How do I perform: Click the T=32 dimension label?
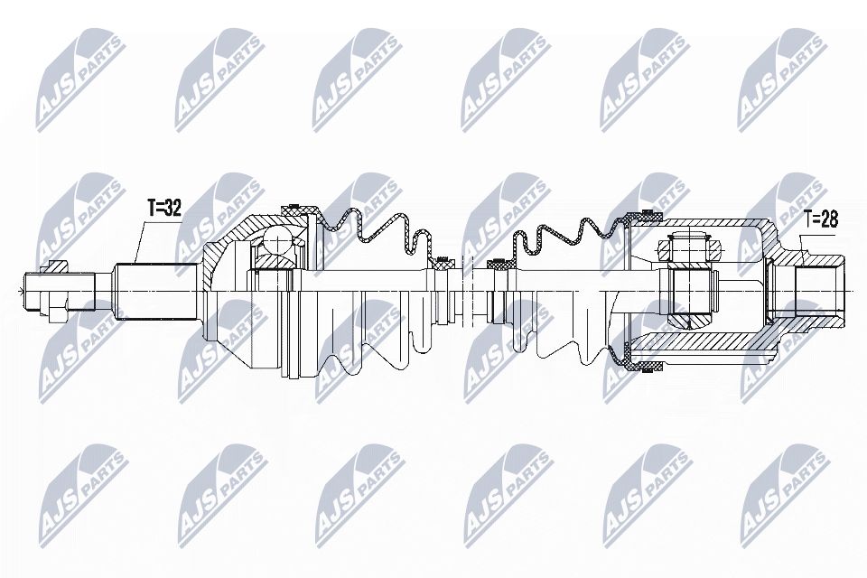point(163,209)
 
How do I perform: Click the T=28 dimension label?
point(822,219)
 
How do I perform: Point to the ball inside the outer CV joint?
point(276,241)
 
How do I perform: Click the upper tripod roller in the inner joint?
point(690,247)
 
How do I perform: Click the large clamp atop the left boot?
point(302,213)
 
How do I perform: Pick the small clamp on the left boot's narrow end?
point(442,265)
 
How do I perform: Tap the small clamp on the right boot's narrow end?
point(499,265)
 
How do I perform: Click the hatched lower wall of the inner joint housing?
point(704,343)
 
